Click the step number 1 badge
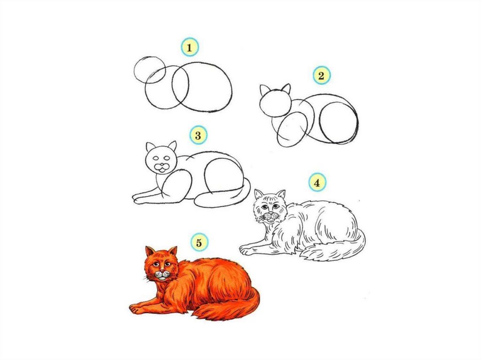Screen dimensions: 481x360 coord(190,47)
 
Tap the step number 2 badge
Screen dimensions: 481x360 coord(321,76)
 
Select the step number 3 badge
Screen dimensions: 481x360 coord(198,135)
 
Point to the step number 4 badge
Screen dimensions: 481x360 coord(317,183)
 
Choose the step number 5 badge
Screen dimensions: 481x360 coord(199,243)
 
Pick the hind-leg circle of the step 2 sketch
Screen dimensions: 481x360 coord(319,123)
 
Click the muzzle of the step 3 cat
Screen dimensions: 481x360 coord(162,167)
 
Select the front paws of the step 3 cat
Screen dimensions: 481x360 coord(141,199)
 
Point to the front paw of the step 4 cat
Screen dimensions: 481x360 coord(247,250)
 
